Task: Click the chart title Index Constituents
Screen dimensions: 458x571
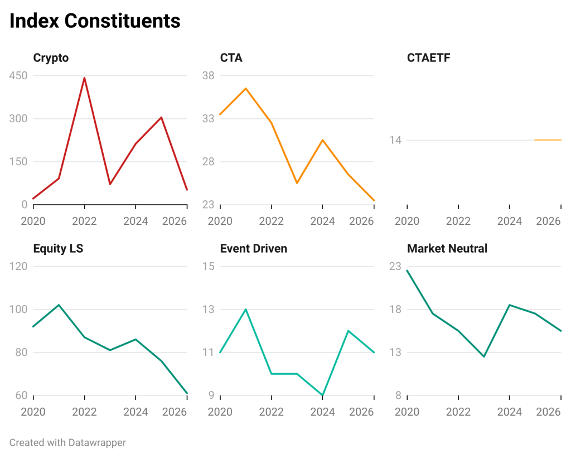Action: click(95, 21)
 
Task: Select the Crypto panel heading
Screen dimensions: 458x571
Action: click(51, 57)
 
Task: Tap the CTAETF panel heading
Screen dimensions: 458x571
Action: click(428, 57)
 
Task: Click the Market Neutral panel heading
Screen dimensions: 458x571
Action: click(447, 248)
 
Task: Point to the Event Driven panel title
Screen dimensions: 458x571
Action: click(253, 248)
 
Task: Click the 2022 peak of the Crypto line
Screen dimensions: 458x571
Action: click(84, 78)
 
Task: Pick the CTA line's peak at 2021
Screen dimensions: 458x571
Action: click(246, 88)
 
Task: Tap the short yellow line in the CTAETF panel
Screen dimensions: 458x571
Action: click(548, 140)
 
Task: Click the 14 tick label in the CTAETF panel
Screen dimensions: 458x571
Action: click(395, 140)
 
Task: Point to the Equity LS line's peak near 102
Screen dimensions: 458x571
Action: click(59, 305)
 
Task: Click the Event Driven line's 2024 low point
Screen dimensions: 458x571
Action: click(322, 395)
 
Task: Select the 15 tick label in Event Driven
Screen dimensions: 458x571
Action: click(208, 266)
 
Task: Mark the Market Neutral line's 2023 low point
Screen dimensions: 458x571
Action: click(483, 356)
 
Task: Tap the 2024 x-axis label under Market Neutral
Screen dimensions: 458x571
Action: click(509, 412)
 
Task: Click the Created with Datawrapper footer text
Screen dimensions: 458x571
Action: click(67, 442)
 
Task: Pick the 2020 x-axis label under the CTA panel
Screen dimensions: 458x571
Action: click(220, 221)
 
